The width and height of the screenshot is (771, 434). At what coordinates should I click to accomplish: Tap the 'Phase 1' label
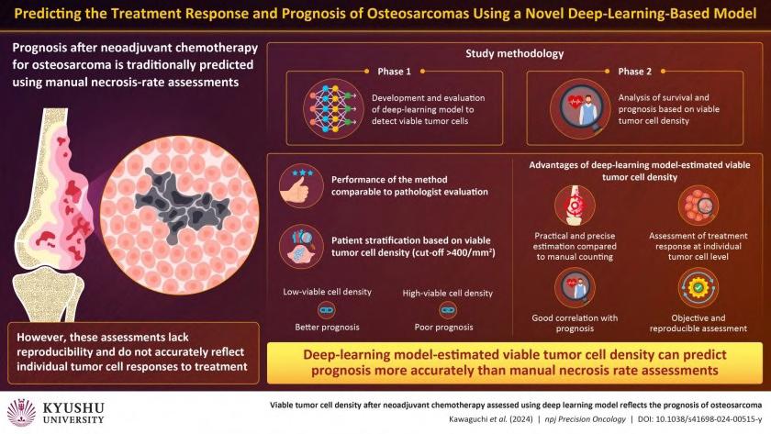(396, 72)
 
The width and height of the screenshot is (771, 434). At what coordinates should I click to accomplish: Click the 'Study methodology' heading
(509, 53)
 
